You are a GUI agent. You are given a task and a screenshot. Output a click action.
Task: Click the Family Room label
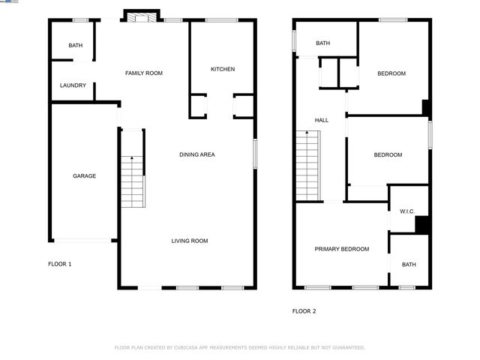tap(143, 73)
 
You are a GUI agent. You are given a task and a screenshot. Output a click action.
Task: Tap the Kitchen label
tap(223, 69)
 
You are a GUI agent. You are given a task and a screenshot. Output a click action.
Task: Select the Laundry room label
tap(73, 85)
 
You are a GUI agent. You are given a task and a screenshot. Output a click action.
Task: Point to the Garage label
tap(84, 175)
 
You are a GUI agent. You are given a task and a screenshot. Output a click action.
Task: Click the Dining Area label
tap(197, 154)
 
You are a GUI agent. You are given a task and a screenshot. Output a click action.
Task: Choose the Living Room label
tap(189, 241)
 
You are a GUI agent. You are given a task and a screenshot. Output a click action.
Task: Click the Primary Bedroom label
tap(341, 249)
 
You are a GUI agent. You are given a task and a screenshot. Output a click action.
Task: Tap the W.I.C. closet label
tap(407, 211)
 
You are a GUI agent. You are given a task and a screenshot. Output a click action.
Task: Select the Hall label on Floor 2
tap(321, 120)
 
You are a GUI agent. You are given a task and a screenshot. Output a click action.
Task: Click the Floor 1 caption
tap(60, 264)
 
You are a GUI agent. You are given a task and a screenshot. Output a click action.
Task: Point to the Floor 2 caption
tap(304, 310)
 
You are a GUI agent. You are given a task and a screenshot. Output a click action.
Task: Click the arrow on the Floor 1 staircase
tap(132, 159)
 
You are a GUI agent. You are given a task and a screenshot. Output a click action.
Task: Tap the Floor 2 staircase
tap(307, 165)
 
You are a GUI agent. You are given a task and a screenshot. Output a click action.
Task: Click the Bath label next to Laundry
tap(76, 46)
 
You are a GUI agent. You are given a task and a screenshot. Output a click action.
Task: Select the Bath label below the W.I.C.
tap(409, 264)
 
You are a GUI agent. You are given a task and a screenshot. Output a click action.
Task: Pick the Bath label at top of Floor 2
tap(322, 43)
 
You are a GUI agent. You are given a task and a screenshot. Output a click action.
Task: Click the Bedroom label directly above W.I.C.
tap(388, 154)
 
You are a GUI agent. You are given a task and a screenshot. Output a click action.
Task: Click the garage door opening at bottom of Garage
tap(84, 240)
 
